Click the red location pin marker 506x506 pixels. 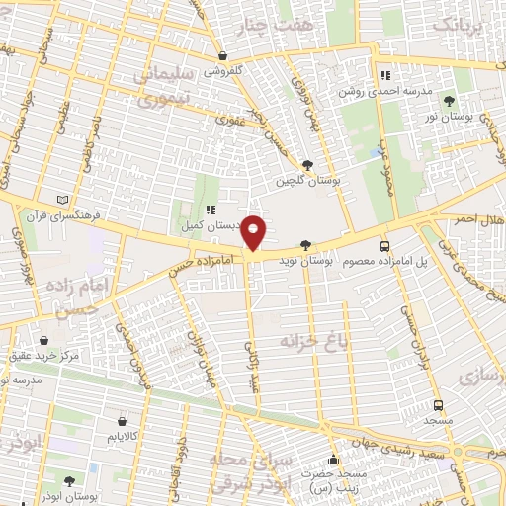pos(254,232)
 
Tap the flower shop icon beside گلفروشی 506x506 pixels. pos(222,56)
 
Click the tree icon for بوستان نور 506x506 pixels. pos(450,101)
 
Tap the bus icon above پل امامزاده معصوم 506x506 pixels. pos(384,246)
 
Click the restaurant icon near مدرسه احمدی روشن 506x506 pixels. pos(385,75)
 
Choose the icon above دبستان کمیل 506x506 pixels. pos(211,210)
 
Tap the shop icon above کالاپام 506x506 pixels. pos(122,419)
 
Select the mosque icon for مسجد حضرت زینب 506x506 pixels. pos(334,459)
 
